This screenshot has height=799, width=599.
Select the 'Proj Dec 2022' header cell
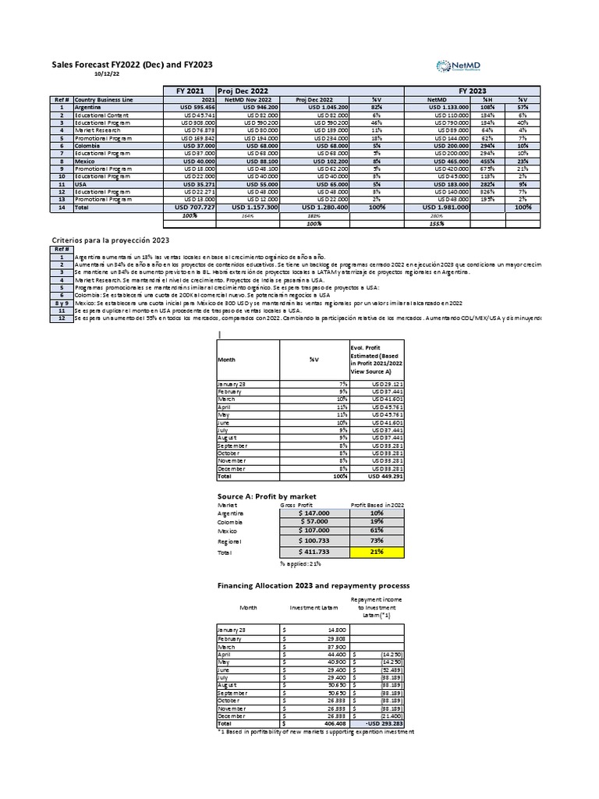[x=243, y=91]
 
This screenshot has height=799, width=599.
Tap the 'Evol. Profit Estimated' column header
[x=377, y=358]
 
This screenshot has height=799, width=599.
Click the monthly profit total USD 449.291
[x=377, y=475]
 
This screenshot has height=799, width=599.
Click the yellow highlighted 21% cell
[x=377, y=552]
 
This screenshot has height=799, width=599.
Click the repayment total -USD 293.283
[x=377, y=723]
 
